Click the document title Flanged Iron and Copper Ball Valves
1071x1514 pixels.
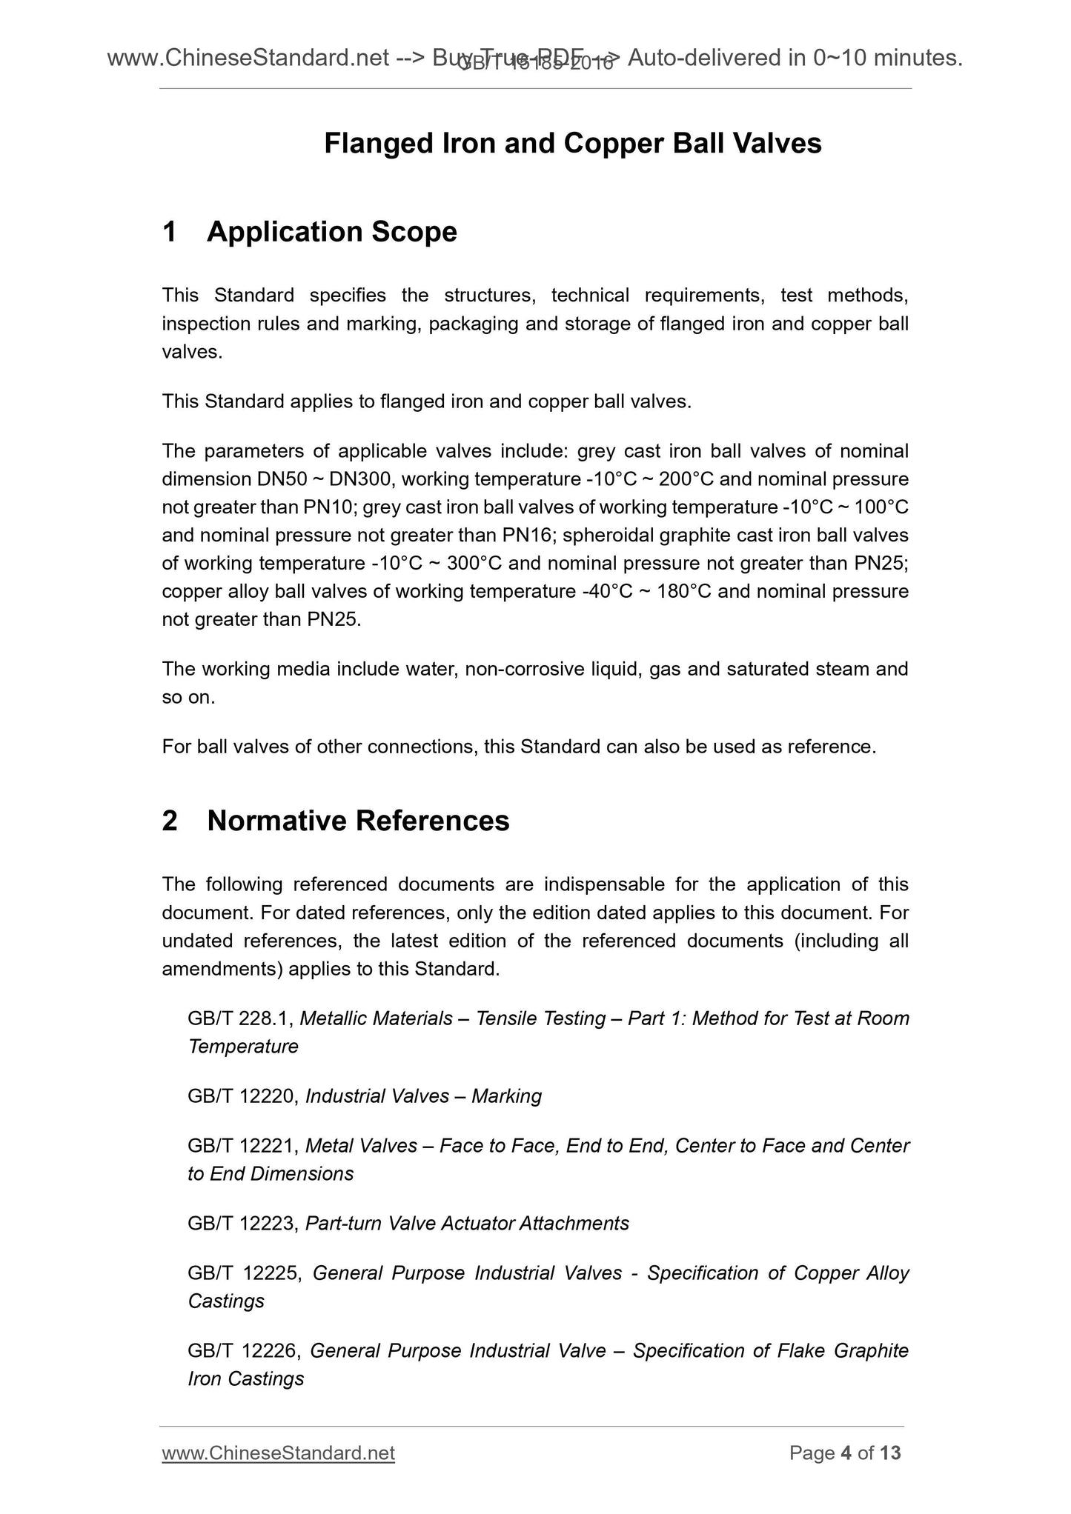click(572, 144)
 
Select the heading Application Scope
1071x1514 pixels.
click(331, 232)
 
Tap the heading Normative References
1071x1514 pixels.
click(358, 821)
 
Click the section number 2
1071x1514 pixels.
click(170, 821)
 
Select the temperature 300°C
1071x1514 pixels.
click(475, 564)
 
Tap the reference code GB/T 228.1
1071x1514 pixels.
click(241, 1018)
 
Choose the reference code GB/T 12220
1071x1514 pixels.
click(242, 1096)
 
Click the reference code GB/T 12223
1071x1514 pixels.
click(242, 1224)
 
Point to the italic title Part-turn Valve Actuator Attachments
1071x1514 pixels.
click(467, 1224)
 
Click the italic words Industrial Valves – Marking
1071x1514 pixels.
click(423, 1096)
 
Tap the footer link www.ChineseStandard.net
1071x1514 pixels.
click(278, 1453)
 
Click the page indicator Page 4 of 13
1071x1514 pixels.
click(845, 1453)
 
